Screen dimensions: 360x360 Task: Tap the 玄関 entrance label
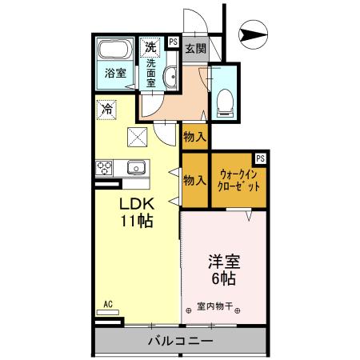point(196,48)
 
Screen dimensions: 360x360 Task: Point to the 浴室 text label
point(115,74)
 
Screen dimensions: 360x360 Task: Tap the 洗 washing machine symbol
point(150,46)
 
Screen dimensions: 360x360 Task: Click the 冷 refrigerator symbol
point(106,107)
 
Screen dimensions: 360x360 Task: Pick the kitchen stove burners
point(105,168)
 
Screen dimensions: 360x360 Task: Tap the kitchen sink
point(135,168)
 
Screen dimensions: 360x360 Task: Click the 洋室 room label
point(224,261)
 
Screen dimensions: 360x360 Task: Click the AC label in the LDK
point(107,304)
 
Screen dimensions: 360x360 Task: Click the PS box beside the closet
point(261,158)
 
